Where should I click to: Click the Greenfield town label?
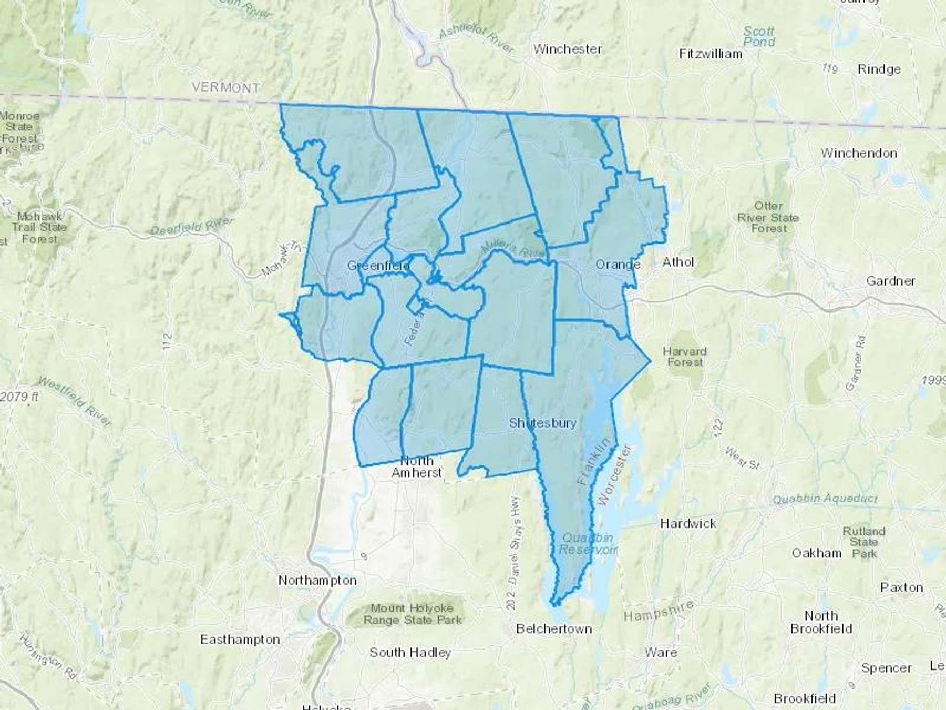tap(378, 266)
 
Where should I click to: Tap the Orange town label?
tap(618, 264)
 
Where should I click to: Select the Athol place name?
tap(678, 262)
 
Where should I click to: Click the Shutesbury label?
tap(542, 423)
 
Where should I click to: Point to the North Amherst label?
tap(417, 466)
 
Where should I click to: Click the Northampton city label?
tap(317, 581)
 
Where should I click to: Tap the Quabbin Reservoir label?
tap(587, 544)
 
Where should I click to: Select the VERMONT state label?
tap(225, 87)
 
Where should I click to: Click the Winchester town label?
tap(568, 49)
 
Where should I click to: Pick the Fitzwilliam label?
tap(711, 54)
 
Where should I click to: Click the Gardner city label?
tap(891, 281)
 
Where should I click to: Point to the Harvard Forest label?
tap(684, 357)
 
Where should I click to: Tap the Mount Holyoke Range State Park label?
tap(413, 614)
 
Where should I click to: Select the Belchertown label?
tap(554, 629)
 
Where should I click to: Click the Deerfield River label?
tap(191, 226)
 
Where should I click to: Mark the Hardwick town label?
tap(688, 523)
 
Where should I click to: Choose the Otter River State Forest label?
tap(768, 217)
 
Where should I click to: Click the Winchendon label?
tap(859, 154)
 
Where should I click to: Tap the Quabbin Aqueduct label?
tap(825, 498)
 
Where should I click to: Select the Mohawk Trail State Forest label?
tap(39, 228)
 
